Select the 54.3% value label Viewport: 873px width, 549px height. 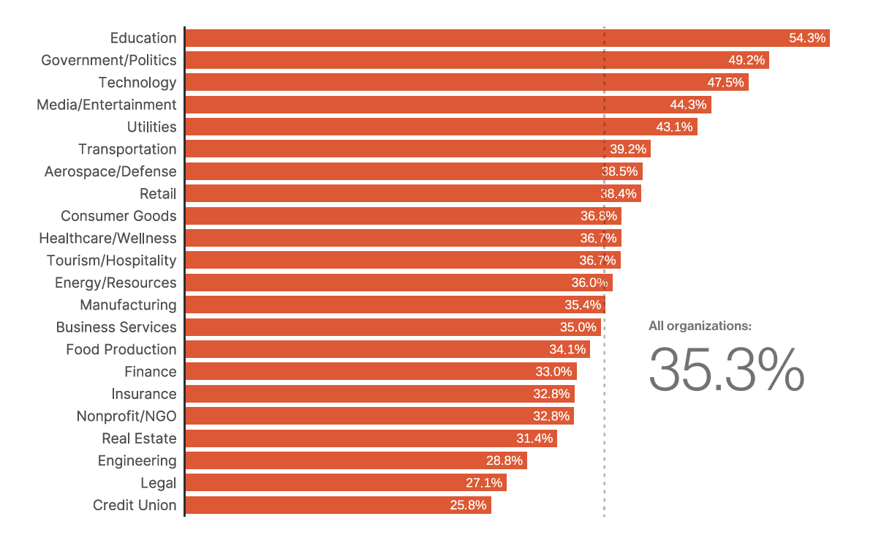807,38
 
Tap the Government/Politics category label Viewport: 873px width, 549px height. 109,60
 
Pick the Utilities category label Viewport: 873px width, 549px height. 151,127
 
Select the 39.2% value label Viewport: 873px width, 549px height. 628,149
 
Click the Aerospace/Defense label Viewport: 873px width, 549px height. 110,171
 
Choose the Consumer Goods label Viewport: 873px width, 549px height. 118,216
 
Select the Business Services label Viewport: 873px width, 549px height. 116,327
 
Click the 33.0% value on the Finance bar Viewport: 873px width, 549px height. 553,372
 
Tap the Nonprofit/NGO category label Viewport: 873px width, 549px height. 126,417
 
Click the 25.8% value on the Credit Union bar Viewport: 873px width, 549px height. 468,505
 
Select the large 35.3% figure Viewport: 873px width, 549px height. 726,370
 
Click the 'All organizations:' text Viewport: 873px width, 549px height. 700,326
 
